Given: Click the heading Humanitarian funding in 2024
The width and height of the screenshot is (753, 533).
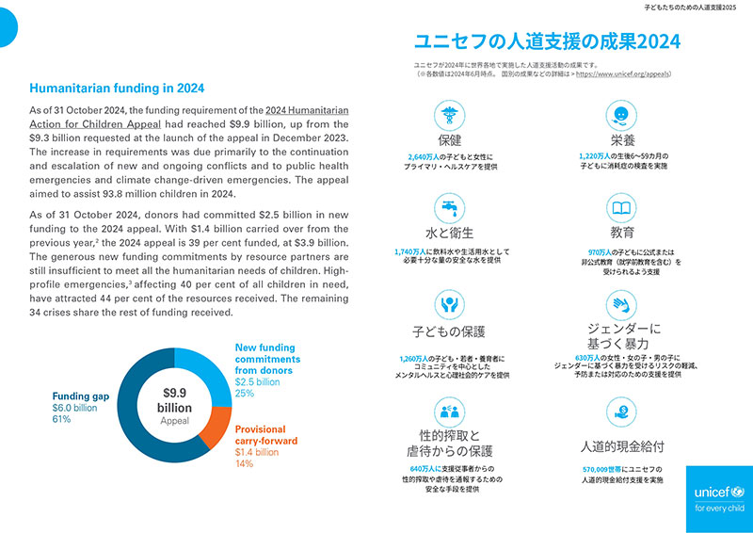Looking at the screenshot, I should (118, 89).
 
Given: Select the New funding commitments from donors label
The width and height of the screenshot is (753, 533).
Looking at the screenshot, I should (267, 359).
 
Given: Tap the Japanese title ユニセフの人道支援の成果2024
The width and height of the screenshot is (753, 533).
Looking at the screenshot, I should (548, 41).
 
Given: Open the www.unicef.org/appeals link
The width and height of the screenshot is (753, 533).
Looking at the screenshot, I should (622, 72).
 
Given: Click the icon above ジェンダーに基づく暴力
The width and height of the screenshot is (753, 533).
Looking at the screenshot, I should (621, 304).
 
